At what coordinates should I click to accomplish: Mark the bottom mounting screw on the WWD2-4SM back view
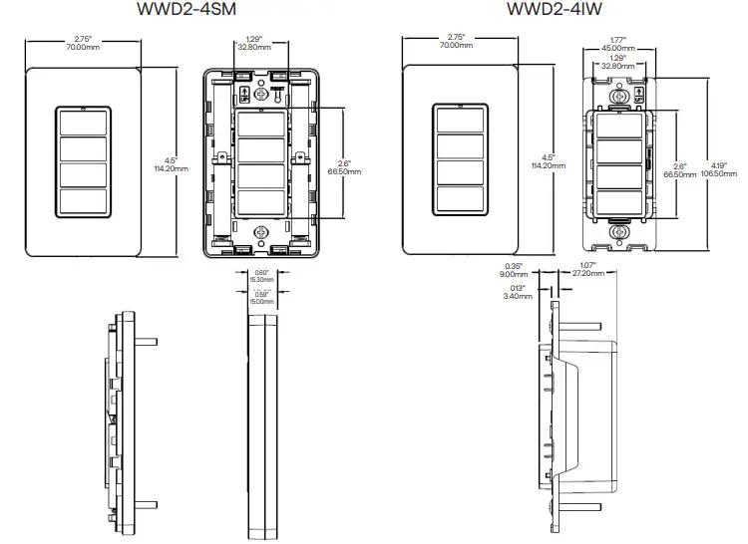click(x=262, y=232)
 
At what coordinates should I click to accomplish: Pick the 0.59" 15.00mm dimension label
click(x=261, y=297)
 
